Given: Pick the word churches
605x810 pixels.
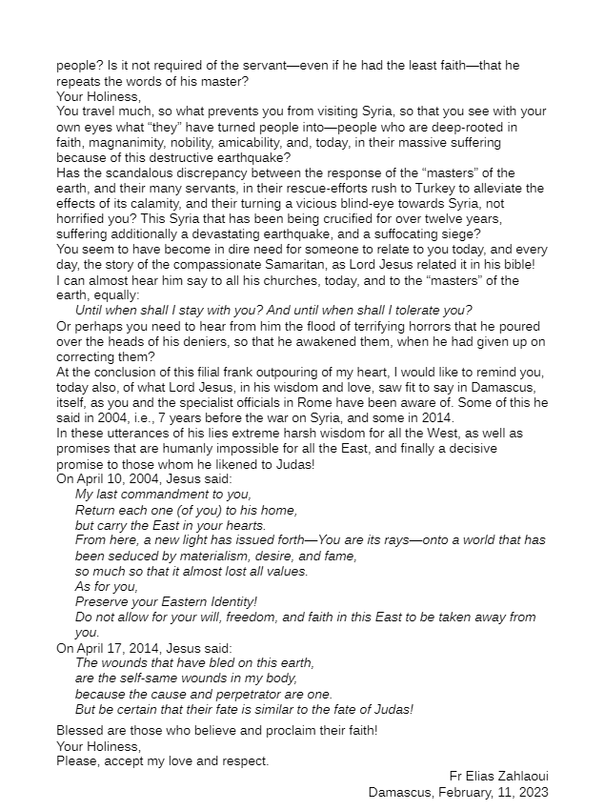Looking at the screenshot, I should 244,280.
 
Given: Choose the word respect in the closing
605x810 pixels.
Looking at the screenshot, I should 244,760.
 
